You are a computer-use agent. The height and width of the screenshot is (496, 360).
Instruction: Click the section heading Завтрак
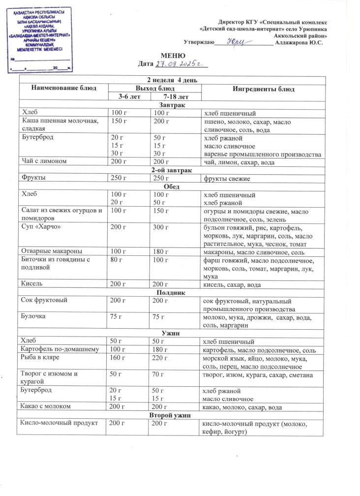click(172, 106)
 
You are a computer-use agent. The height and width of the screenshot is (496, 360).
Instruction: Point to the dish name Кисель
click(31, 284)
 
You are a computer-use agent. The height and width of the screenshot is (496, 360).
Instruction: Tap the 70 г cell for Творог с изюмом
click(158, 375)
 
